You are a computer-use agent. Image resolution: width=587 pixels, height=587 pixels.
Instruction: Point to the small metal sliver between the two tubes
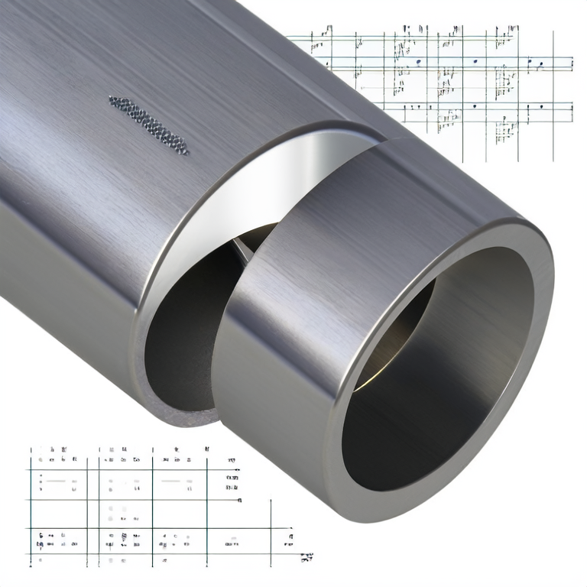(243, 246)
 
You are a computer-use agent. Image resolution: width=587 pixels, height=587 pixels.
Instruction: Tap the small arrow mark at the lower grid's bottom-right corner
(306, 557)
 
